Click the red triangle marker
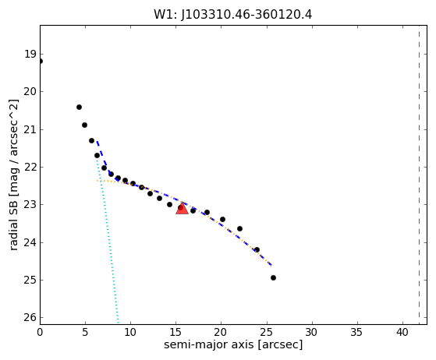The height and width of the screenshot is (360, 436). pyautogui.click(x=183, y=209)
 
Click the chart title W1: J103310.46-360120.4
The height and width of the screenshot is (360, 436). pyautogui.click(x=233, y=15)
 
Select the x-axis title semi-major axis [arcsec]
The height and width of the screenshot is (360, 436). pyautogui.click(x=233, y=344)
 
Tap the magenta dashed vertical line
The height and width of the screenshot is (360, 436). pyautogui.click(x=419, y=175)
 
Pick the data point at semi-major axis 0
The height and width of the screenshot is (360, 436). pyautogui.click(x=41, y=61)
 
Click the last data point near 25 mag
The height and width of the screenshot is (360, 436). pyautogui.click(x=273, y=277)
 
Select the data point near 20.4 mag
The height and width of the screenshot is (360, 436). pyautogui.click(x=79, y=108)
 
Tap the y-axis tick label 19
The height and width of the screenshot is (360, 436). pyautogui.click(x=30, y=55)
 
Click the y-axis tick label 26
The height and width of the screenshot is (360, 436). pyautogui.click(x=30, y=317)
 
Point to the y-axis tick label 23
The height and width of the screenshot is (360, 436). pyautogui.click(x=30, y=204)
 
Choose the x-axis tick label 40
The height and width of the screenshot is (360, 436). pyautogui.click(x=402, y=332)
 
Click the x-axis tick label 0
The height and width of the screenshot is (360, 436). pyautogui.click(x=40, y=332)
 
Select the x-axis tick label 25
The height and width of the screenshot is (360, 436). pyautogui.click(x=267, y=332)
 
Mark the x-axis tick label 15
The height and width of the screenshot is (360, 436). pyautogui.click(x=176, y=332)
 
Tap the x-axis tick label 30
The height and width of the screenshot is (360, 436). pyautogui.click(x=312, y=332)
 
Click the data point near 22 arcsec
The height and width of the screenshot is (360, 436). pyautogui.click(x=239, y=229)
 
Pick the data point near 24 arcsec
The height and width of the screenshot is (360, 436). pyautogui.click(x=257, y=249)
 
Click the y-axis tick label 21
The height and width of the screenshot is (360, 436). pyautogui.click(x=30, y=129)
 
